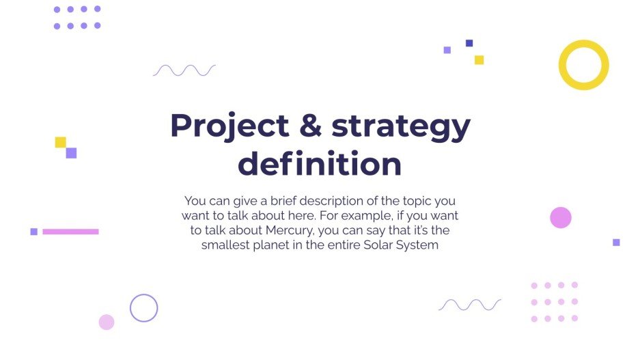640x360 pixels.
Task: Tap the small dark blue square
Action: click(x=469, y=43)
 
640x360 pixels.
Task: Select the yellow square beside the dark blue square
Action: click(x=479, y=59)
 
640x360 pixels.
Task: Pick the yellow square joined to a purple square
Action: click(x=61, y=142)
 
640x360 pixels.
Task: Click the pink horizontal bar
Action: click(x=70, y=232)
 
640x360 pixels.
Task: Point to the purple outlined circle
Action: click(x=143, y=308)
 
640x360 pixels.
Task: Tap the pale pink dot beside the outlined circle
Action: click(x=107, y=322)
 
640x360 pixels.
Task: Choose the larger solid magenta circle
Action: click(x=560, y=218)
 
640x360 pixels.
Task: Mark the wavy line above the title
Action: click(x=184, y=70)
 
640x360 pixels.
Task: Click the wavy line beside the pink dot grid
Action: click(x=470, y=305)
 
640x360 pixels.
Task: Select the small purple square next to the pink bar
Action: click(x=33, y=232)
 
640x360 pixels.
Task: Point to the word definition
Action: click(x=319, y=165)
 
